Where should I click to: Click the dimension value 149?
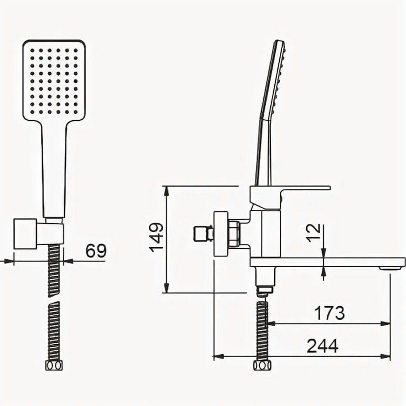point(157,237)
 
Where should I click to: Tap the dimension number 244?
point(323,346)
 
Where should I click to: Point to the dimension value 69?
point(96,250)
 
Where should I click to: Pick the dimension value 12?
point(314,233)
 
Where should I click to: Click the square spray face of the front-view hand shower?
point(54,81)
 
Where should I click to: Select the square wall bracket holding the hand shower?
point(25,234)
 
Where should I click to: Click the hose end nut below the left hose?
point(54,365)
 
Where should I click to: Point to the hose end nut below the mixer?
point(262,365)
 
